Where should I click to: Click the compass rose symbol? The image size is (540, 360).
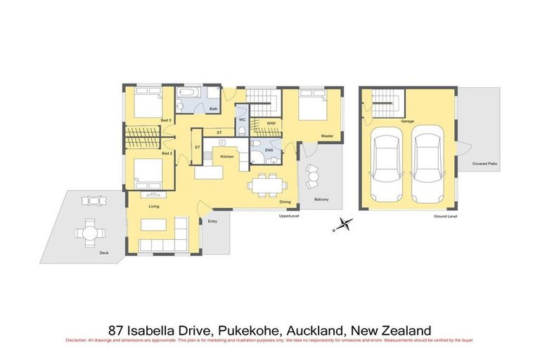[342, 225]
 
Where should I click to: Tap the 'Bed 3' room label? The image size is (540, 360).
[167, 121]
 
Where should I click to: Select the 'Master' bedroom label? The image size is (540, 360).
[326, 136]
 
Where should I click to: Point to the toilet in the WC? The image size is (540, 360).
[241, 110]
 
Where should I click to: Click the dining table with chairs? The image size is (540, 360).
[266, 184]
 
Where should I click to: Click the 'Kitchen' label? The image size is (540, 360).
[226, 156]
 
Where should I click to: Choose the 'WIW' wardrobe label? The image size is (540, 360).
[270, 122]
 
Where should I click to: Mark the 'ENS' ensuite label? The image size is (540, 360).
[269, 150]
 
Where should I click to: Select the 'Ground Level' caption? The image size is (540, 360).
[445, 217]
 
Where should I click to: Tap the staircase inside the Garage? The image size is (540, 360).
[385, 105]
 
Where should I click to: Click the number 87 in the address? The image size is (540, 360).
[117, 330]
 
